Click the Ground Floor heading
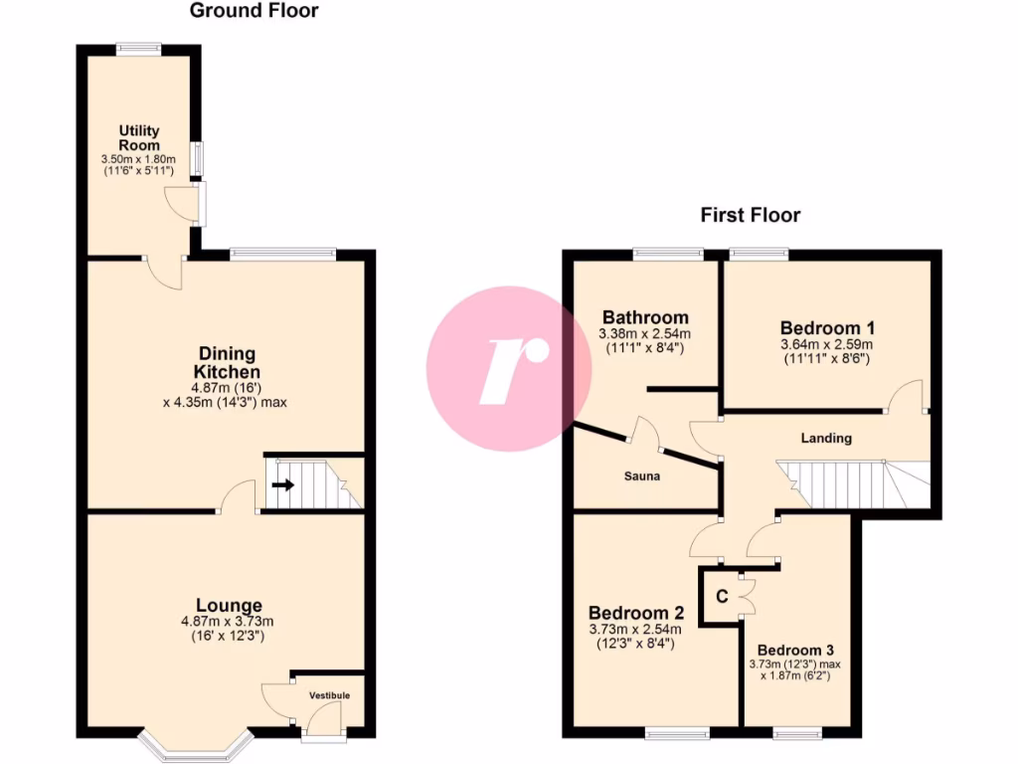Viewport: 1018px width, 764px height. (x=254, y=12)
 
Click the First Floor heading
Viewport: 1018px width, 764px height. (x=750, y=215)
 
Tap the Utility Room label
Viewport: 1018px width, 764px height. (x=139, y=138)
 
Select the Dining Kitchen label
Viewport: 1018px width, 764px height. (x=228, y=362)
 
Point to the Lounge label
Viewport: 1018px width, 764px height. (x=229, y=605)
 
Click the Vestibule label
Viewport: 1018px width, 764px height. (x=329, y=694)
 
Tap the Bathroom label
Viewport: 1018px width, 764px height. (x=643, y=318)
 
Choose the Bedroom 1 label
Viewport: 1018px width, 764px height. (x=827, y=328)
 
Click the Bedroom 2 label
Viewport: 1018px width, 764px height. (x=636, y=613)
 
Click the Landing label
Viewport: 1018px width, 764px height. (x=826, y=438)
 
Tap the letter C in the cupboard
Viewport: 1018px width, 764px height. (x=723, y=597)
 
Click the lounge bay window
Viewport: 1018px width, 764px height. (x=198, y=743)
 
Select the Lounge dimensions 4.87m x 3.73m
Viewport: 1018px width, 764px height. (x=228, y=622)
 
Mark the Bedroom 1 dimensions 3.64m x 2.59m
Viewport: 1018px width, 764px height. (x=827, y=345)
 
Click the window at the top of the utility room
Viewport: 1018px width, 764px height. (x=138, y=46)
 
